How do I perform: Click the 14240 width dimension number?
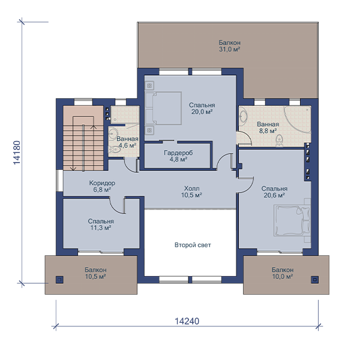click(x=187, y=321)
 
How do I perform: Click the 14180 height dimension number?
click(x=17, y=152)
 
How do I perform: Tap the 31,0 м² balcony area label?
click(x=229, y=49)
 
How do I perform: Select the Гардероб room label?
click(x=178, y=152)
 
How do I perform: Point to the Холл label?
click(x=192, y=188)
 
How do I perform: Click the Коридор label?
click(x=102, y=183)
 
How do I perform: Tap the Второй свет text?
click(x=193, y=245)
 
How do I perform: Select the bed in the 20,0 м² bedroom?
click(x=163, y=109)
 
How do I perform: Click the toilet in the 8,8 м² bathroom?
click(x=279, y=140)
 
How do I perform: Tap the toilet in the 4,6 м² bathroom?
click(x=114, y=150)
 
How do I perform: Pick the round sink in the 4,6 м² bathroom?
click(x=113, y=133)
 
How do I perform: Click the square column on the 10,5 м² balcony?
click(x=59, y=280)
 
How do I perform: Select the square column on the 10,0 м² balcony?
click(x=315, y=280)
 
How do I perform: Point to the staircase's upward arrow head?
click(x=94, y=127)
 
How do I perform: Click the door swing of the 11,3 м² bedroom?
click(x=117, y=206)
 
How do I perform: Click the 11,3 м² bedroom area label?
click(x=101, y=228)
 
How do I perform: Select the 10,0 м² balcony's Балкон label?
click(x=283, y=270)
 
